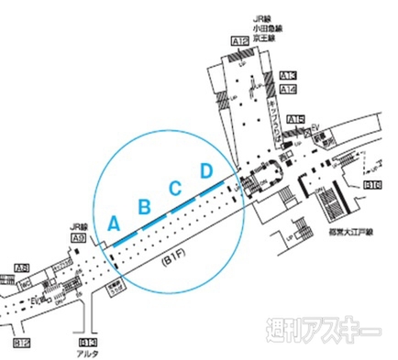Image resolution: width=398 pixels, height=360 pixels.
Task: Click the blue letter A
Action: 114,222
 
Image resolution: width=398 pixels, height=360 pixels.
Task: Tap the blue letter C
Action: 174,188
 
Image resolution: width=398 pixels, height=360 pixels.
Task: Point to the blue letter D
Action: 206,170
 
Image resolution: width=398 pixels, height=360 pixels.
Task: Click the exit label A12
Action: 240,40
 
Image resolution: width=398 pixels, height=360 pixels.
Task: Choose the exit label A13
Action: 288,75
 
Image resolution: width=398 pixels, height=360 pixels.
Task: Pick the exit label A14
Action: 288,89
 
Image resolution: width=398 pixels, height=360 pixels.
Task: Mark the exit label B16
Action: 373,185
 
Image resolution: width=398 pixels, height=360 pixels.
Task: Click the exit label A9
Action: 79,238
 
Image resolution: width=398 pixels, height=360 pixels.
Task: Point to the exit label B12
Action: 23,344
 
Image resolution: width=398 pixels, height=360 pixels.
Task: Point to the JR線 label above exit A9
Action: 80,226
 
